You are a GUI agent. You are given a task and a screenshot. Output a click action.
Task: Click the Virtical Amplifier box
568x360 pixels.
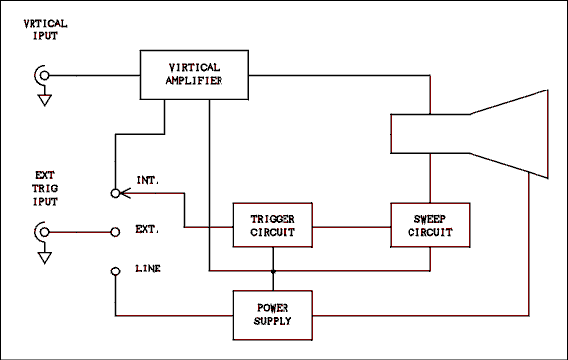point(194,75)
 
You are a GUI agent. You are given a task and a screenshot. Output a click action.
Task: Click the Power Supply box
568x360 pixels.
point(272,315)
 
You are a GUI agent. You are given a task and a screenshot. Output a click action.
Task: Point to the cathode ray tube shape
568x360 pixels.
point(473,134)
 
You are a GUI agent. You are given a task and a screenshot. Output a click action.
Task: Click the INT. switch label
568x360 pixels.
point(149,180)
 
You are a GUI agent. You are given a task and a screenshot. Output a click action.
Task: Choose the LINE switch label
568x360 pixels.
point(149,269)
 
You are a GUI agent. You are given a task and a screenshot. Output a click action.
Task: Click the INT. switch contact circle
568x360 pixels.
point(115,194)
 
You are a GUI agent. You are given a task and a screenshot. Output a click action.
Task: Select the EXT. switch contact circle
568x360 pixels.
point(115,233)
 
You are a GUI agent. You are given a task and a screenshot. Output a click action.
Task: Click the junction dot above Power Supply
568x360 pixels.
point(272,271)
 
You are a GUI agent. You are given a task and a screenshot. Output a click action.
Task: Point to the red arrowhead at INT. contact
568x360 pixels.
point(125,194)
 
